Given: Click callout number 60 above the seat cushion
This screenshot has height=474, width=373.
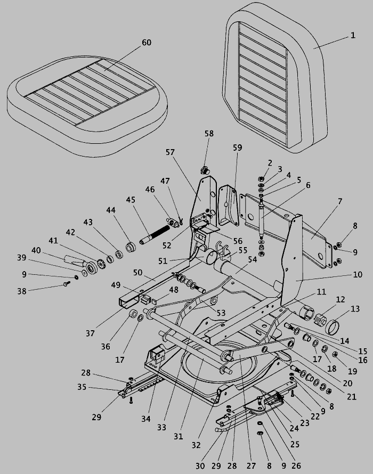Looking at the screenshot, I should [x=146, y=43].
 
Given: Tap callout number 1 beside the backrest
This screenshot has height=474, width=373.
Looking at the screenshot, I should [x=352, y=36].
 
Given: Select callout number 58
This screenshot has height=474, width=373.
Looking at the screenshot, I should [x=209, y=134].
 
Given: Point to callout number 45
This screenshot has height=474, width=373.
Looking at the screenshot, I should [x=131, y=200].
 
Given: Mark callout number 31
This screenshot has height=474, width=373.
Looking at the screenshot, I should [x=178, y=436].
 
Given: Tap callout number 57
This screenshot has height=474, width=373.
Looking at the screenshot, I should [x=170, y=152].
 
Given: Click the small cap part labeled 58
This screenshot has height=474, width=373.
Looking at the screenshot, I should [x=204, y=170].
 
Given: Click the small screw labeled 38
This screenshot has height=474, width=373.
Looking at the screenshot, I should [x=67, y=284].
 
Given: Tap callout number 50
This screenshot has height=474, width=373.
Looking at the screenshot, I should [x=137, y=272].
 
